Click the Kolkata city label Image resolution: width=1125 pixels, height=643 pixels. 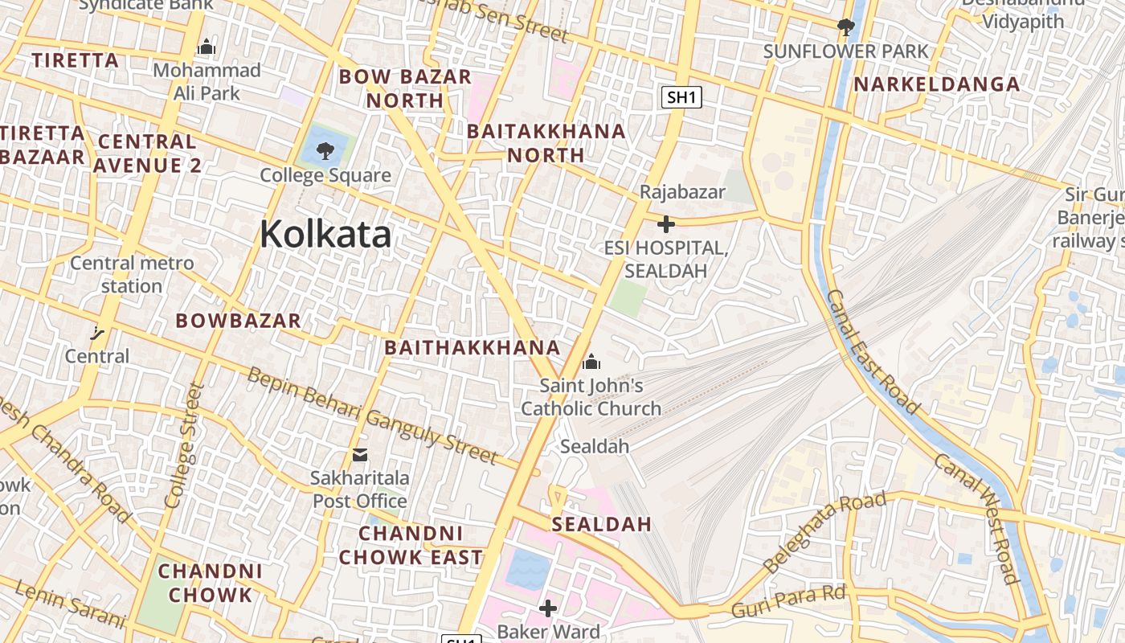325,234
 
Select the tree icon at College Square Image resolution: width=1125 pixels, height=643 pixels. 325,149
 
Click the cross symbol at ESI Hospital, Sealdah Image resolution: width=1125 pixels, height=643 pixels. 665,224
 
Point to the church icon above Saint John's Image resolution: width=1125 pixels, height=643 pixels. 591,362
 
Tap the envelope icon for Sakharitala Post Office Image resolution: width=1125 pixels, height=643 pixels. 360,455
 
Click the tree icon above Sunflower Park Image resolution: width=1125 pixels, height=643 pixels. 845,27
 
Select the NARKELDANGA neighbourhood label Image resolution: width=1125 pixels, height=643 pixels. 936,84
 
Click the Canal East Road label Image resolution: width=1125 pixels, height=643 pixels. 872,351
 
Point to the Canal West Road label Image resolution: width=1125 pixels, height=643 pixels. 976,518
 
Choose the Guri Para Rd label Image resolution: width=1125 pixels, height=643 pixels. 788,602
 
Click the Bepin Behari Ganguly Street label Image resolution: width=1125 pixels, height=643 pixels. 372,416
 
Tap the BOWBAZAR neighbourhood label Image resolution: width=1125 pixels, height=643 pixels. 239,320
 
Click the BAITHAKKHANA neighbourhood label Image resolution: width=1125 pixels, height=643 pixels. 472,347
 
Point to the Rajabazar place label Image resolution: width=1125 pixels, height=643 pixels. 682,192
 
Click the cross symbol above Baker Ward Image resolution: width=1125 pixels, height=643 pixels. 548,608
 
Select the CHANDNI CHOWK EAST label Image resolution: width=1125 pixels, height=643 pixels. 411,545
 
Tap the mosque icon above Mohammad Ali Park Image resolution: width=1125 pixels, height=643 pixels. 207,47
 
